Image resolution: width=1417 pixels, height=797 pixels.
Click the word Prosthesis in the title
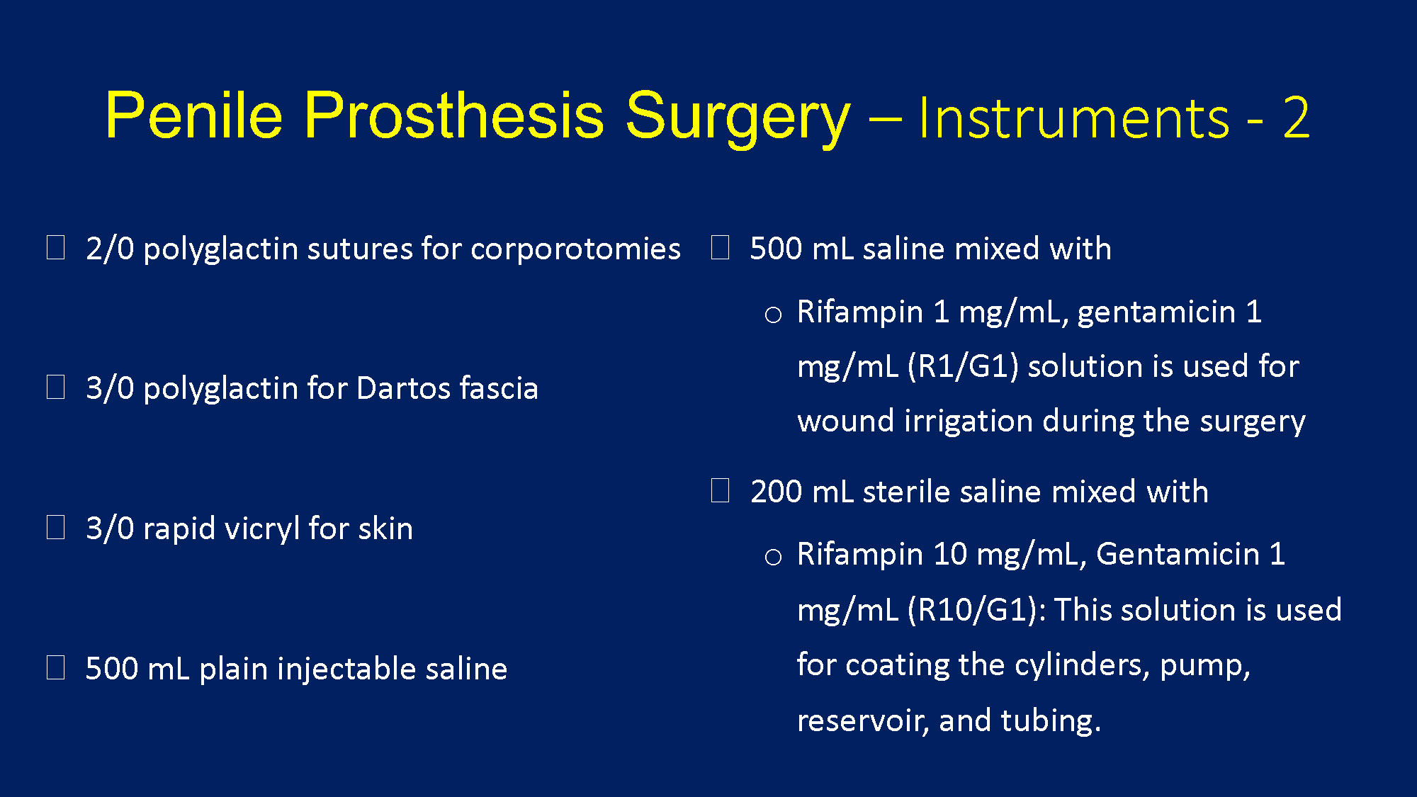[x=454, y=115]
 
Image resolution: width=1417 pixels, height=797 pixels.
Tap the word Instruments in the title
[x=1073, y=118]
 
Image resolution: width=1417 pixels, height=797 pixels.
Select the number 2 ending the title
[x=1297, y=118]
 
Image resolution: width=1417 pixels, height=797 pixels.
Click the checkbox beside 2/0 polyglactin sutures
[x=56, y=248]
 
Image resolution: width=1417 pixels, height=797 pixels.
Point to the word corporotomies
[x=575, y=249]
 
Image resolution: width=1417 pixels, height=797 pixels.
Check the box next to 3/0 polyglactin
[x=56, y=388]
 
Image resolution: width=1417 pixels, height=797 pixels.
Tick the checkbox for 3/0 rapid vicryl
[x=56, y=528]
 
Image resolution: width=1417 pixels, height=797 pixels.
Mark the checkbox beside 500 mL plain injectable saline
[x=56, y=667]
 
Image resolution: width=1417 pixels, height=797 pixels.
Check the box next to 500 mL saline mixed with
[x=721, y=247]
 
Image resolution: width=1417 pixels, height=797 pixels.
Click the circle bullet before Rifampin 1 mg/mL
[x=773, y=315]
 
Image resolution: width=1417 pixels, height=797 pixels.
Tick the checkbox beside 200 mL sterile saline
[x=721, y=490]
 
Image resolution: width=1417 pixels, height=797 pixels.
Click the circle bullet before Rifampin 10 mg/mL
[x=773, y=557]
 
